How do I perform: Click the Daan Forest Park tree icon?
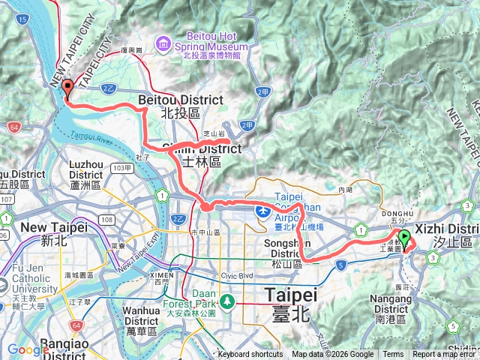pyautogui.click(x=225, y=303)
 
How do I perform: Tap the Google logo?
pyautogui.click(x=28, y=349)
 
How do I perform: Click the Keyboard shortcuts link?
pyautogui.click(x=250, y=355)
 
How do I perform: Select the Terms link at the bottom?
pyautogui.click(x=393, y=355)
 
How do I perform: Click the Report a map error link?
pyautogui.click(x=443, y=355)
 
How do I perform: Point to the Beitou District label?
pyautogui.click(x=181, y=100)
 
